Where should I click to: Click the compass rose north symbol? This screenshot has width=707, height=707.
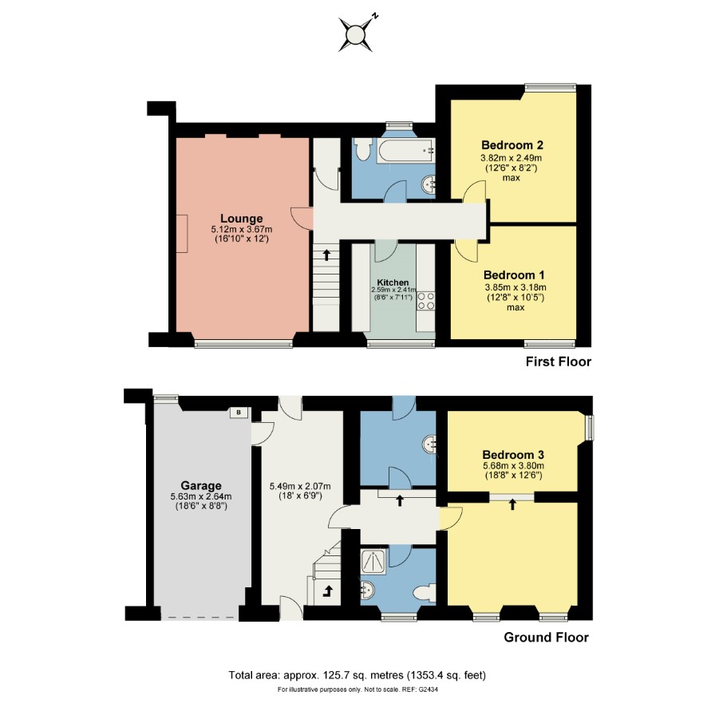point(356,34)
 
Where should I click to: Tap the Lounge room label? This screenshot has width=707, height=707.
point(242,219)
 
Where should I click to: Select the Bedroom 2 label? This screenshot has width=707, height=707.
point(512,145)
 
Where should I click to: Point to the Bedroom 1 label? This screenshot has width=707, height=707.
point(514,275)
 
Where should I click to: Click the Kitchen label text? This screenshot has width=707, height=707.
point(393,282)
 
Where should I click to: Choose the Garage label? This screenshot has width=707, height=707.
point(201,486)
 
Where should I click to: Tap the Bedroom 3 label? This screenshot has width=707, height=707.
point(513,455)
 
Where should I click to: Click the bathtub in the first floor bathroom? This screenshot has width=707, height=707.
point(407,151)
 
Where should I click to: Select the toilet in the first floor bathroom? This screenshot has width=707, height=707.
point(362,149)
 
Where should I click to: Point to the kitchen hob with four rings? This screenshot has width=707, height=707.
point(426,301)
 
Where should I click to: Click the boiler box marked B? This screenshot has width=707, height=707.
point(239,412)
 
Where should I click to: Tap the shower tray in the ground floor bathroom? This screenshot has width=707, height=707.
point(373,561)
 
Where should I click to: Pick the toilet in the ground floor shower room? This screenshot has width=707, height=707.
point(425,592)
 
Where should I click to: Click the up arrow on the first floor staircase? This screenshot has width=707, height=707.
point(326,255)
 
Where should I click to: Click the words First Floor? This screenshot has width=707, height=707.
point(559,361)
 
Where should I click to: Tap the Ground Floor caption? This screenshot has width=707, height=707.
point(546,637)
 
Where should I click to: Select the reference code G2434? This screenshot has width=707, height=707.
point(429,689)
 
